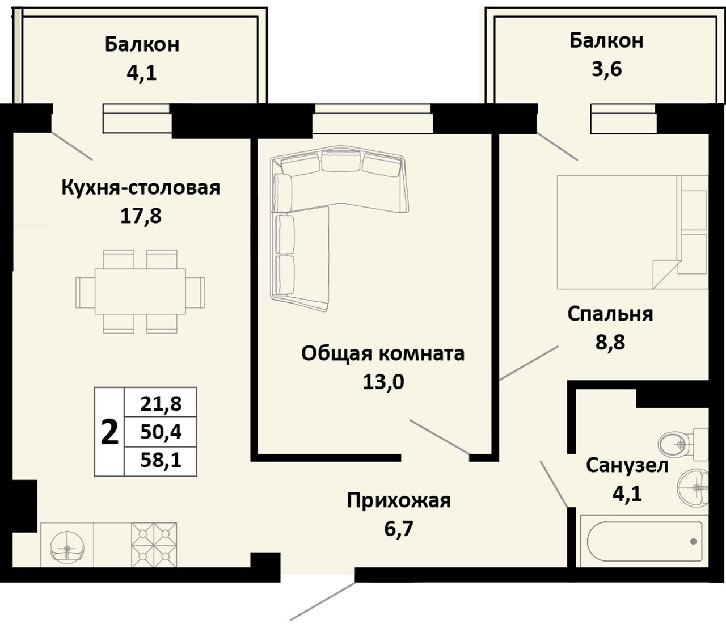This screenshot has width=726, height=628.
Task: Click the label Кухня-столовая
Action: coord(141,188)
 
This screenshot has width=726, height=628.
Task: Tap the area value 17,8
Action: coord(141,216)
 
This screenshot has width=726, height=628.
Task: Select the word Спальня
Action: coord(610,314)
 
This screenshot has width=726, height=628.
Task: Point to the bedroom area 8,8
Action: coord(610,342)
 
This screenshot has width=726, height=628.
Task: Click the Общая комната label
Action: coord(383,353)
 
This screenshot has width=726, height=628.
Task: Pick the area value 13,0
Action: coord(383,382)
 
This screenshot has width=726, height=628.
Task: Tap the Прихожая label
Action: coord(399,501)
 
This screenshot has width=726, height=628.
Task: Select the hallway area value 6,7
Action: coord(399,529)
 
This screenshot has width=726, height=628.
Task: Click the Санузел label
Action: coord(627,466)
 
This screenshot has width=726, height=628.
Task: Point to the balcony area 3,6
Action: coord(606,69)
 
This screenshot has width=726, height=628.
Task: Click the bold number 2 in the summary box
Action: coord(109,432)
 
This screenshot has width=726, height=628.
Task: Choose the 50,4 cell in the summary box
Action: coord(161,432)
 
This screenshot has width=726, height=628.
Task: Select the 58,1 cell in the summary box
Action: coord(161,461)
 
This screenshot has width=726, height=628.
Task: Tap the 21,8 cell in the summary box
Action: coord(161,403)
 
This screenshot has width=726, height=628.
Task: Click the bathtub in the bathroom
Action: coord(643,541)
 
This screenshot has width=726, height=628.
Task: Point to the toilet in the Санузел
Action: coord(682,444)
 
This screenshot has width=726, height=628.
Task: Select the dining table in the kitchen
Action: coord(140,292)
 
